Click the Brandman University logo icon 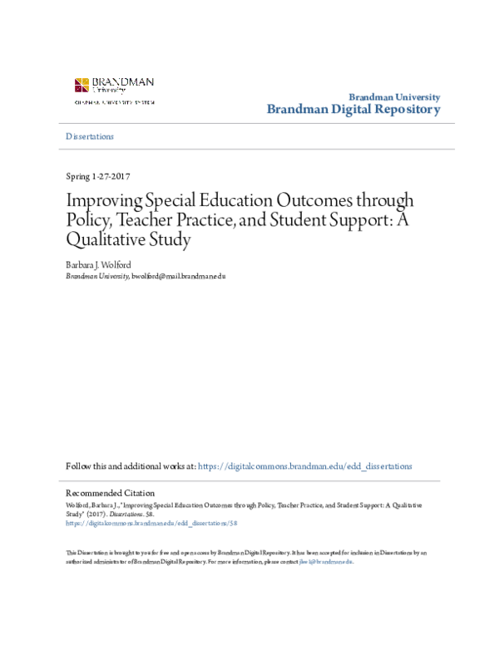[x=82, y=85]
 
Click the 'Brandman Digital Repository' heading [x=353, y=110]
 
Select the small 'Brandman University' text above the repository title [x=393, y=97]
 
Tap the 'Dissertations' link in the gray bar [x=90, y=136]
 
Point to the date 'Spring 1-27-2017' [x=97, y=176]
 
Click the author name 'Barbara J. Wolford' [x=98, y=264]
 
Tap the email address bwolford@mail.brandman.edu [x=178, y=275]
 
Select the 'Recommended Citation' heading [x=110, y=493]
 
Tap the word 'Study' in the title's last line [x=170, y=240]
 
